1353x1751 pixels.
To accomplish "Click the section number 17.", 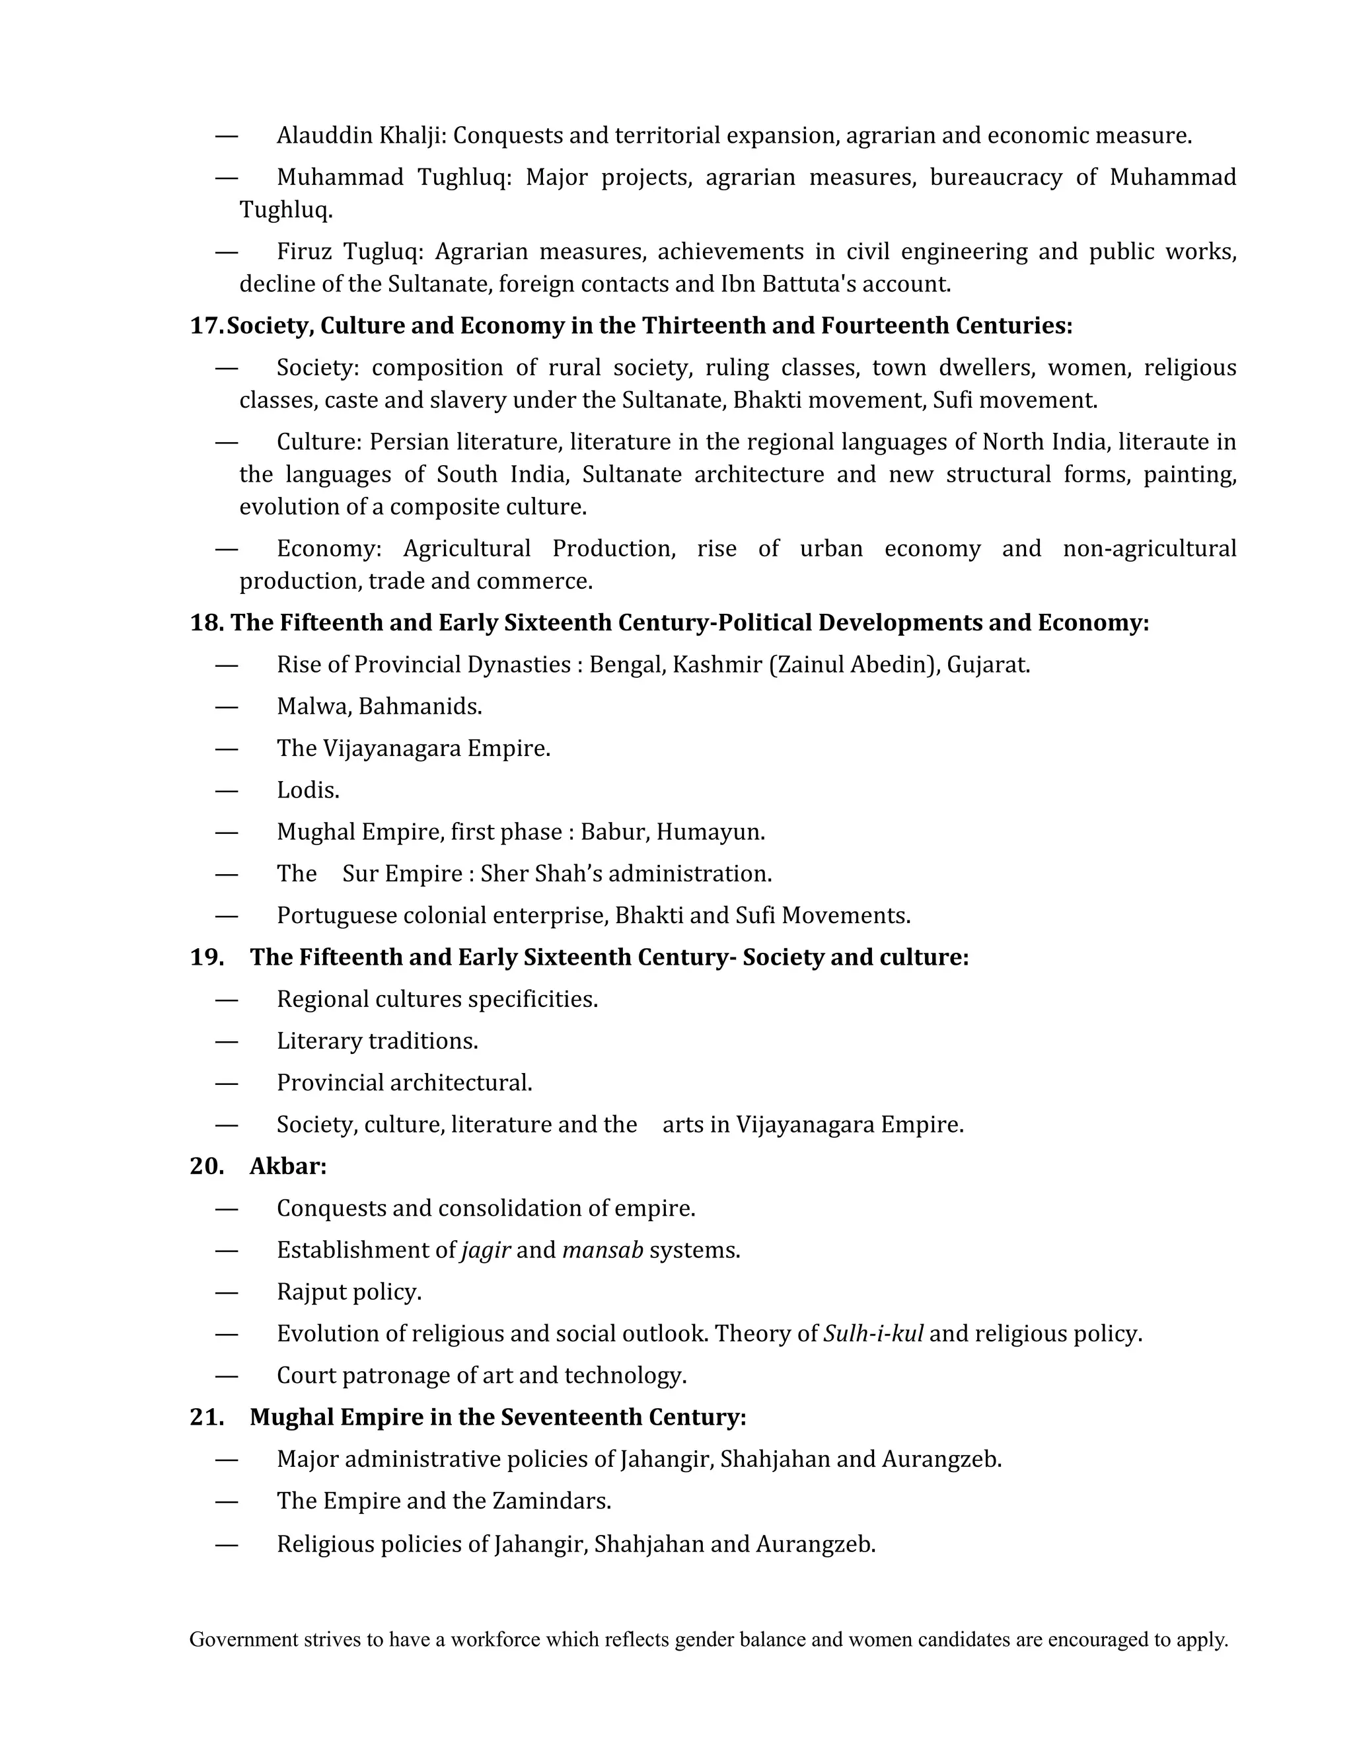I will coord(206,326).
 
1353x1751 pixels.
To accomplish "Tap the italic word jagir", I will coord(486,1250).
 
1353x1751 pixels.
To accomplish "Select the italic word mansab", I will coord(603,1250).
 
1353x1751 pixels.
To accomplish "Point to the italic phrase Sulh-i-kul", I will coord(873,1333).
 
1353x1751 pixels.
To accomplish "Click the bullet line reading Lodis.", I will coord(308,790).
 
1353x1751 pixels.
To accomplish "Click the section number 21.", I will coord(206,1417).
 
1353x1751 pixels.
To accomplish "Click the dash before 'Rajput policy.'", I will coord(227,1292).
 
